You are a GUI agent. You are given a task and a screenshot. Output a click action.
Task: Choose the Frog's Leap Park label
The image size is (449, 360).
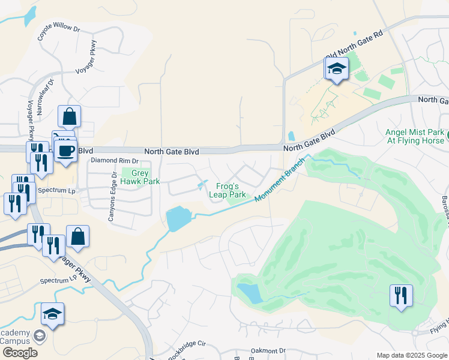click(227, 190)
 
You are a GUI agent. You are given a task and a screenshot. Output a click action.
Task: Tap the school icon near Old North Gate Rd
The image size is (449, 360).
click(337, 70)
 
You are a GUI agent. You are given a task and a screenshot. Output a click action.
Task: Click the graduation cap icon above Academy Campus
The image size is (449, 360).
click(53, 314)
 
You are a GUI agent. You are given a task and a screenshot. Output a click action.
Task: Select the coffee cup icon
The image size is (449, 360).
click(65, 150)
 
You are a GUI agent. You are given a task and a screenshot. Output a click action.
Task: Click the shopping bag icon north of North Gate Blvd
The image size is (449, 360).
click(70, 116)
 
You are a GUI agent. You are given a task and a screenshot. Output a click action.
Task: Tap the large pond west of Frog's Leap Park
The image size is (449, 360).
click(178, 220)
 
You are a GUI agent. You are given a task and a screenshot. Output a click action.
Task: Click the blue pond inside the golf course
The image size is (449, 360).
click(250, 293)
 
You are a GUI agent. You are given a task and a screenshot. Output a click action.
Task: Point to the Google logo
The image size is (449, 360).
click(20, 353)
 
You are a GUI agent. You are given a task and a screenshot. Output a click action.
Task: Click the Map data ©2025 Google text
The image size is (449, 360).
click(411, 355)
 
